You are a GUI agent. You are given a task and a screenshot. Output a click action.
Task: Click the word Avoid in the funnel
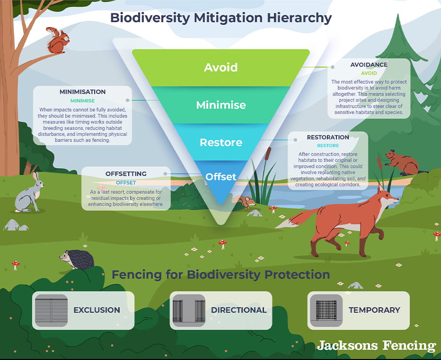220,67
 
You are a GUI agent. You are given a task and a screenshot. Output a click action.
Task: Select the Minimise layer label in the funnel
220,105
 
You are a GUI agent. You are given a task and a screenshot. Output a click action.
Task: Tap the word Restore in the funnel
220,142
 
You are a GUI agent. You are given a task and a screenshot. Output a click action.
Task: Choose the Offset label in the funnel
220,177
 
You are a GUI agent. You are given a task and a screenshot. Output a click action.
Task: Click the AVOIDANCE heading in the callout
369,65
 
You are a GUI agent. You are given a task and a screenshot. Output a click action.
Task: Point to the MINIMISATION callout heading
82,92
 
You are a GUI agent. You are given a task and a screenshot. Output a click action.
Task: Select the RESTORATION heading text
328,137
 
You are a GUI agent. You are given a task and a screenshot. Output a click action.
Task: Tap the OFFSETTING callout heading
126,174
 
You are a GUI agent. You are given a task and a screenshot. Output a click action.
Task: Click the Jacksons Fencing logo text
376,345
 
